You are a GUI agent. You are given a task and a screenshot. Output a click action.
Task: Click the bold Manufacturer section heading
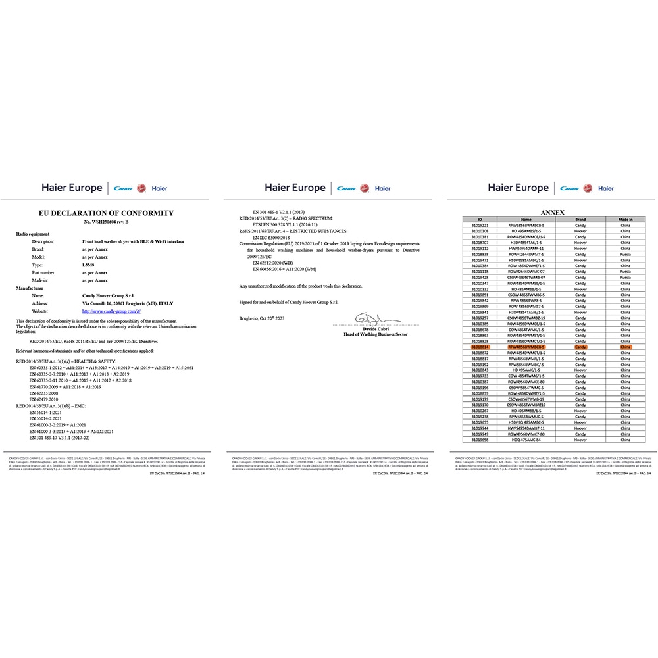pos(30,288)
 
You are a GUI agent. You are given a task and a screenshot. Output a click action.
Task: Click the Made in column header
pos(625,220)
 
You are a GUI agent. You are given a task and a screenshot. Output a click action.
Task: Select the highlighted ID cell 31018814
pos(480,346)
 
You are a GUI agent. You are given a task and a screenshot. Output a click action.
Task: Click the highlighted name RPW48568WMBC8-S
pos(526,346)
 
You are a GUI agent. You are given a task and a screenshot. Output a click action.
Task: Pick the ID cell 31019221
pos(480,226)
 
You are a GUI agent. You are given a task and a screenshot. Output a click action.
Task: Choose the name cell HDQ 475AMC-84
pos(526,440)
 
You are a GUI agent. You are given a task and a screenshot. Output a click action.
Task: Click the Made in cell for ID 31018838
pos(625,254)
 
